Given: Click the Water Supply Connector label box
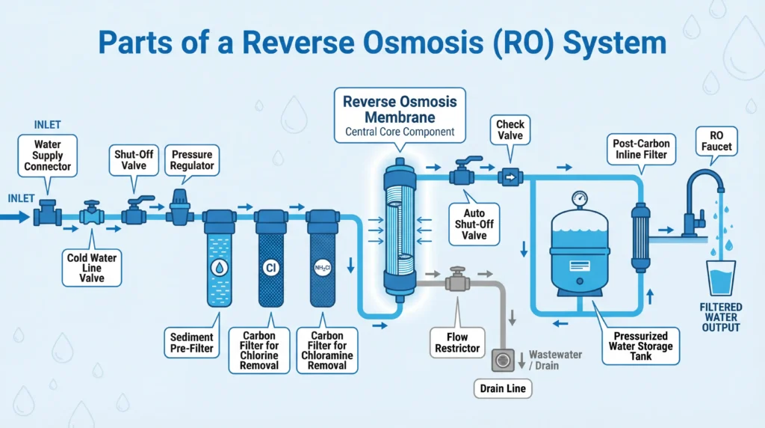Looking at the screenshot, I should pyautogui.click(x=49, y=155).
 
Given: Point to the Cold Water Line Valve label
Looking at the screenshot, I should pyautogui.click(x=92, y=268).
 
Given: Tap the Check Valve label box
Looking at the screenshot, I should pyautogui.click(x=510, y=130).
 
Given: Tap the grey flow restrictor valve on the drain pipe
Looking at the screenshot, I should pyautogui.click(x=456, y=282).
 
